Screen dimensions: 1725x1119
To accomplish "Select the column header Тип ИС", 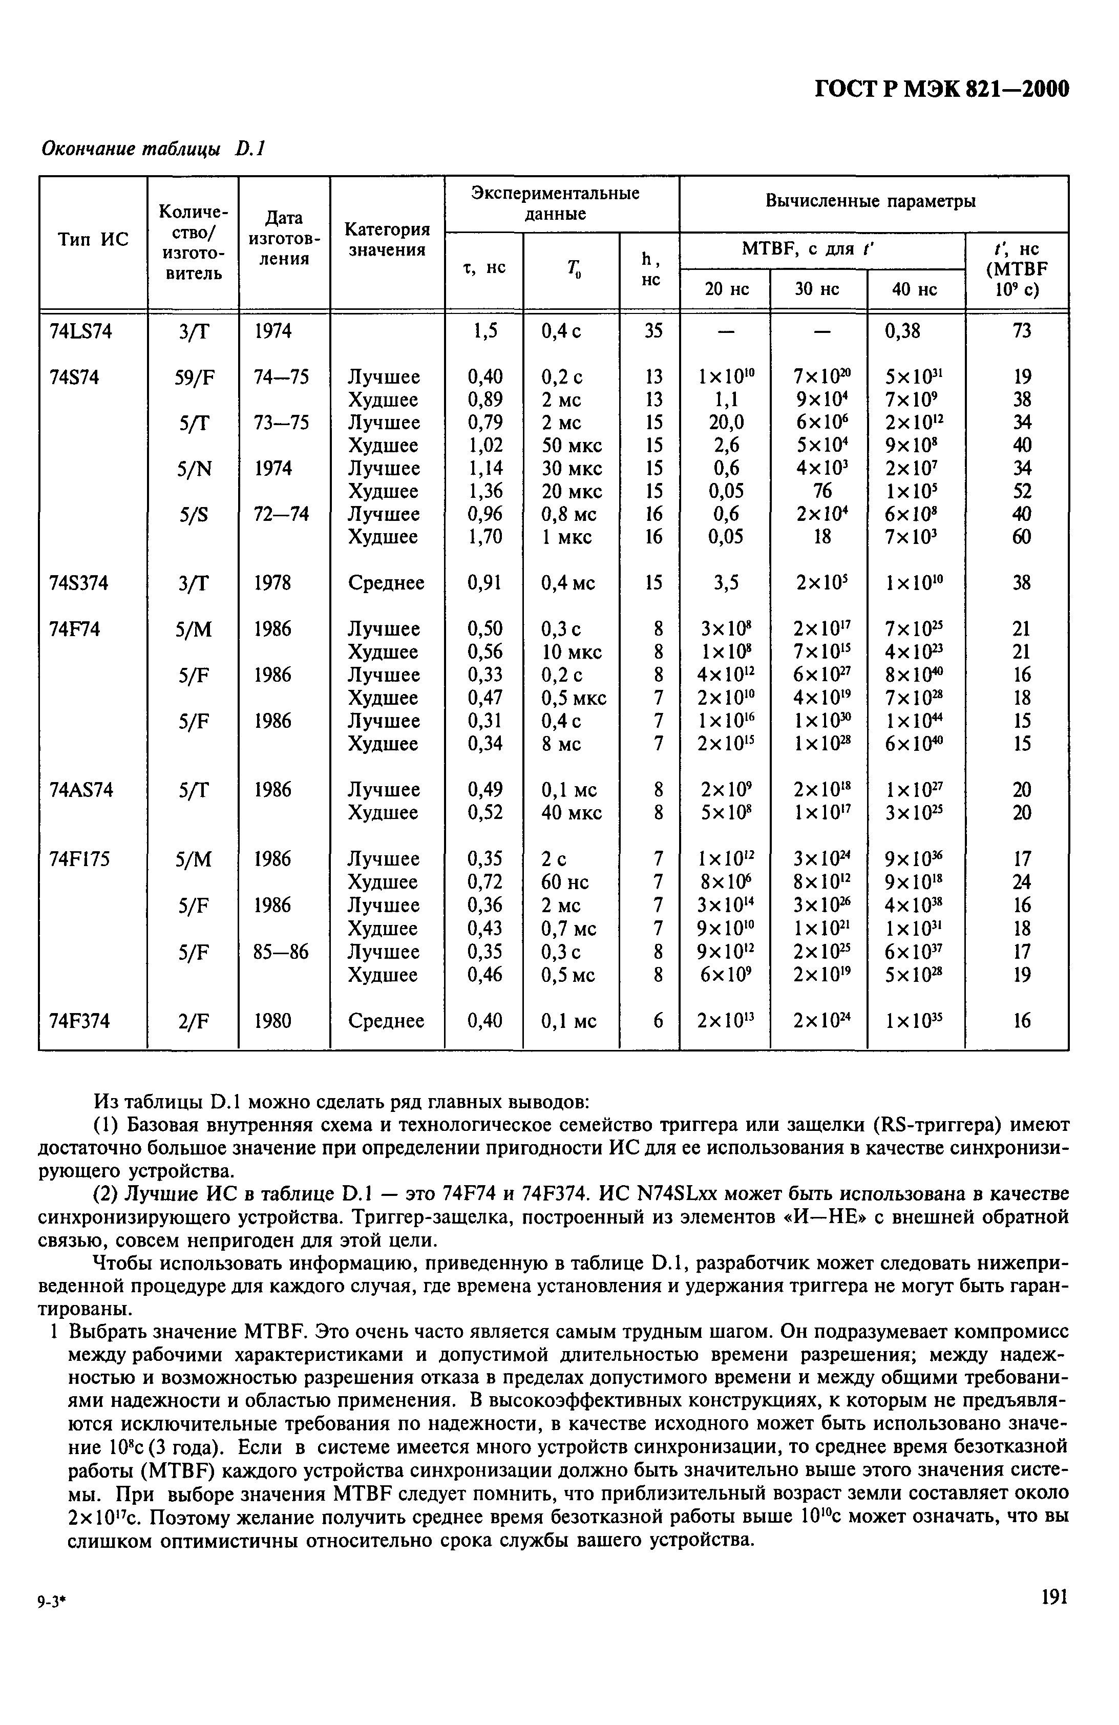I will click(x=92, y=240).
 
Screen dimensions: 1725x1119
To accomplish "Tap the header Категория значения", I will click(x=387, y=240).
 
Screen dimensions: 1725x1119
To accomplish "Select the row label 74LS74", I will click(x=80, y=331).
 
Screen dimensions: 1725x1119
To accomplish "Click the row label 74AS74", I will click(x=80, y=789).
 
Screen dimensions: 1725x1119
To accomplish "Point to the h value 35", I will click(x=653, y=331).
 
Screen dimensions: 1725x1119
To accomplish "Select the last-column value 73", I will click(x=1021, y=331).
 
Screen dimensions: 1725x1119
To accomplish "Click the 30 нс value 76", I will click(x=822, y=491).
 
